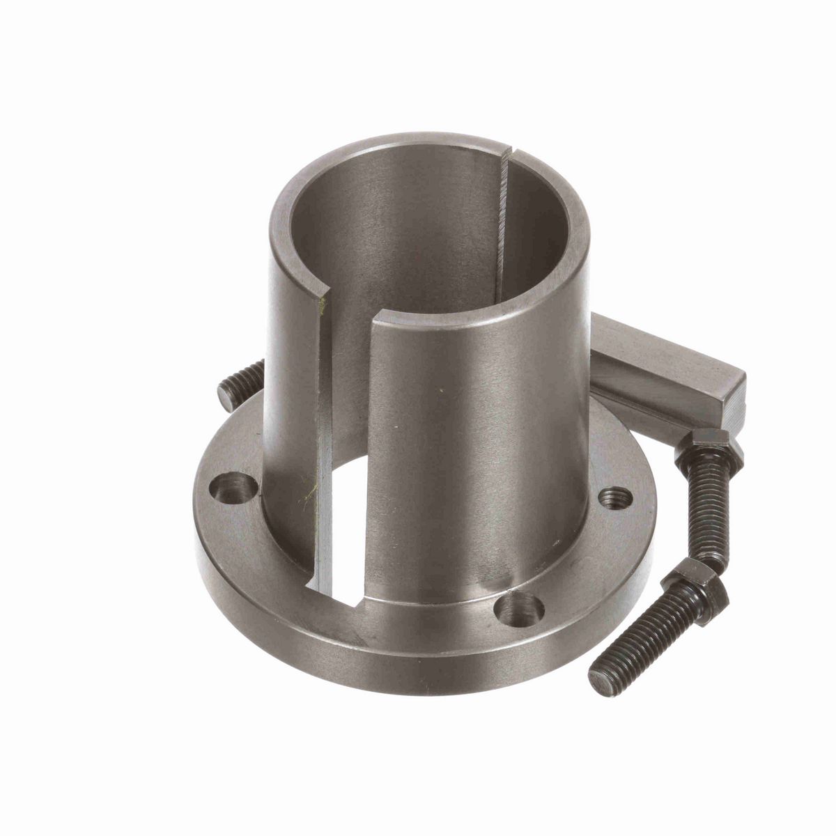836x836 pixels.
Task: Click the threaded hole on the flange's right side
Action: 617,497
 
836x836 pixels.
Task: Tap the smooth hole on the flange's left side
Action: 235,483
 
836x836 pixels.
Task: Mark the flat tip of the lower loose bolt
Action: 598,678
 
